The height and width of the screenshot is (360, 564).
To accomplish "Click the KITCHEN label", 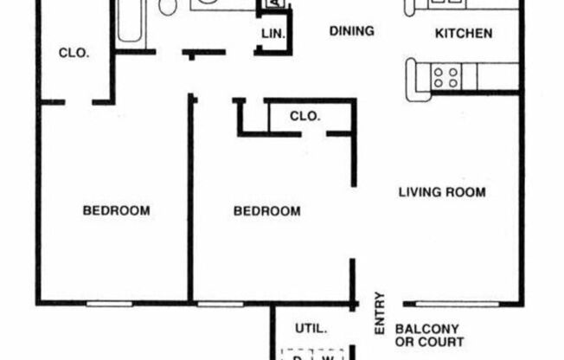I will tap(463, 34).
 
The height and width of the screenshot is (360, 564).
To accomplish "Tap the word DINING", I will tap(352, 31).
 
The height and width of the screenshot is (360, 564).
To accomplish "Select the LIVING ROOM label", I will tap(441, 191).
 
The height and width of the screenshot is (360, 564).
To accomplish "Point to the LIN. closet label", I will tap(272, 35).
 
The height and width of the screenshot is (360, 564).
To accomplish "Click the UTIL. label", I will tap(311, 329).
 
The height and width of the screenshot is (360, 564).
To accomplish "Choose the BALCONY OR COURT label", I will tap(429, 336).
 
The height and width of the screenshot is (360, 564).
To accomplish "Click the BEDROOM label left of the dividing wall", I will tap(116, 210).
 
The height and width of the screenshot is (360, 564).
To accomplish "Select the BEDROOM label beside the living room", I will tap(267, 211).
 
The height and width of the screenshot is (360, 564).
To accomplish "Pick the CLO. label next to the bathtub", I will tap(74, 53).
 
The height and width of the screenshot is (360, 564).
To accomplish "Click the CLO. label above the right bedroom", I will tap(304, 116).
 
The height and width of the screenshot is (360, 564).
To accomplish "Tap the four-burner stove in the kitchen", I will tap(446, 76).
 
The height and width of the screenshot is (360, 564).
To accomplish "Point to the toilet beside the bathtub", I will tap(169, 8).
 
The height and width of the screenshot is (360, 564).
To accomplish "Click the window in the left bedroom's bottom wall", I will tap(108, 304).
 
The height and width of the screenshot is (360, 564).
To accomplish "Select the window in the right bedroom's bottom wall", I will tap(220, 304).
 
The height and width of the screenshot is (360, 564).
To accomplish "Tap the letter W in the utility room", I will tap(327, 356).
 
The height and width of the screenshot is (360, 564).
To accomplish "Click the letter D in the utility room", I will tap(296, 356).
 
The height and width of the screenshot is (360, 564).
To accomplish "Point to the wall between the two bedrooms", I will tap(190, 199).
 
